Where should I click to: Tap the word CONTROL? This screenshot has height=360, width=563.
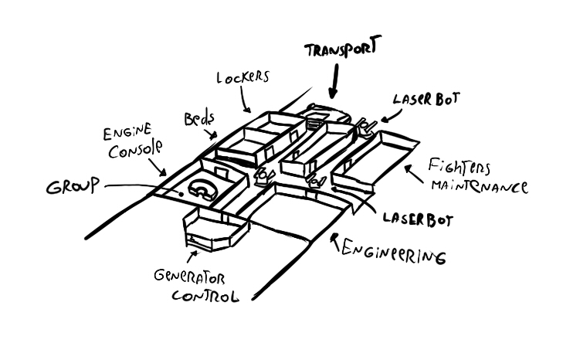204,294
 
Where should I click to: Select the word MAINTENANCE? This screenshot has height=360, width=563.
479,186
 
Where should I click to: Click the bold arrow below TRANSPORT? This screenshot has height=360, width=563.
333,81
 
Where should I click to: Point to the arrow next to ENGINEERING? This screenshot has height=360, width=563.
334,242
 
